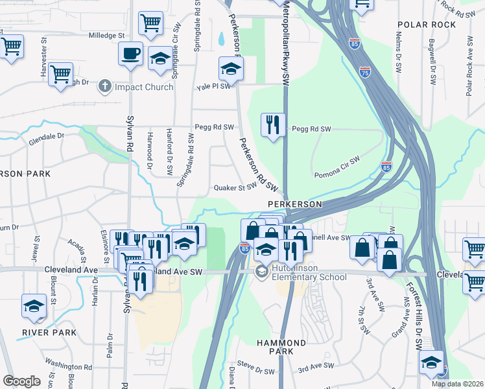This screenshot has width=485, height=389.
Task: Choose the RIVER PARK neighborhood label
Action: point(49,333)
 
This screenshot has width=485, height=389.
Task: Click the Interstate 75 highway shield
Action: point(366,72)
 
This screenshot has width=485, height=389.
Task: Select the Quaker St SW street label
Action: point(236,188)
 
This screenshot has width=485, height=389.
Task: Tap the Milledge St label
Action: point(106,35)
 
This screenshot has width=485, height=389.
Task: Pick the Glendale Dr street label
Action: point(46,138)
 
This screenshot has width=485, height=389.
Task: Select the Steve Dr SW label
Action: point(255,371)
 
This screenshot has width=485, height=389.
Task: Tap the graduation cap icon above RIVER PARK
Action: point(34,306)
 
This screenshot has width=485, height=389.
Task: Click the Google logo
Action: point(21,381)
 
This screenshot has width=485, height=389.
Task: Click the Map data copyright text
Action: point(458,384)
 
